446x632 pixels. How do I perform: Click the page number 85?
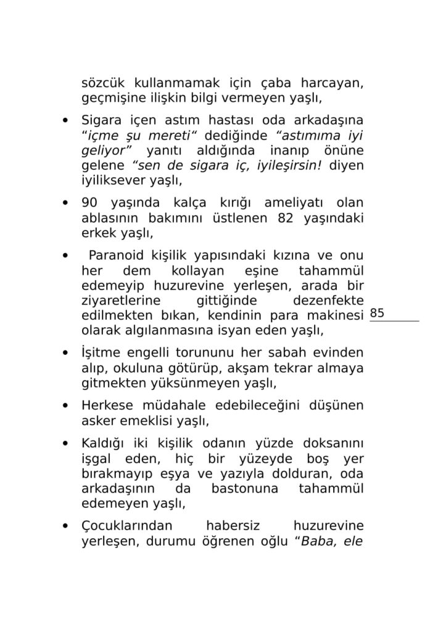coord(377,314)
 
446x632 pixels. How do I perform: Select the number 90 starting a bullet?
coord(92,203)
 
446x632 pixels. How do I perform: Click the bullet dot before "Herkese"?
coord(65,407)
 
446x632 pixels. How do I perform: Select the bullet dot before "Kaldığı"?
coord(65,444)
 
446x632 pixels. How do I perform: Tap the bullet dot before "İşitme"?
coord(65,354)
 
